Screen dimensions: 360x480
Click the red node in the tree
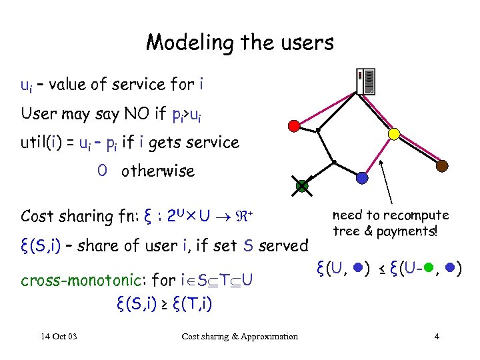pyautogui.click(x=293, y=125)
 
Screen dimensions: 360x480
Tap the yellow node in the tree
pyautogui.click(x=394, y=134)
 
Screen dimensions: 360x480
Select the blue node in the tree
pyautogui.click(x=362, y=178)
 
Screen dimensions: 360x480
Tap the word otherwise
pyautogui.click(x=158, y=171)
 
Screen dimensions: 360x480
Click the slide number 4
pyautogui.click(x=437, y=336)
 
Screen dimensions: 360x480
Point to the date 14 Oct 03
pyautogui.click(x=58, y=336)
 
